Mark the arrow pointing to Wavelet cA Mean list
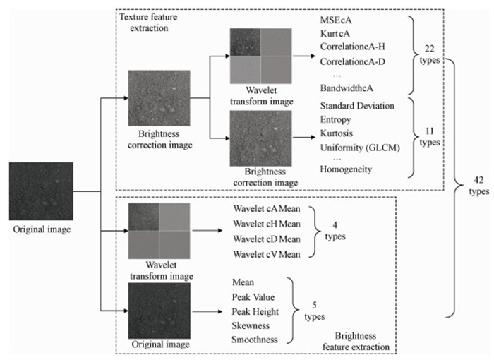click(x=208, y=231)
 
